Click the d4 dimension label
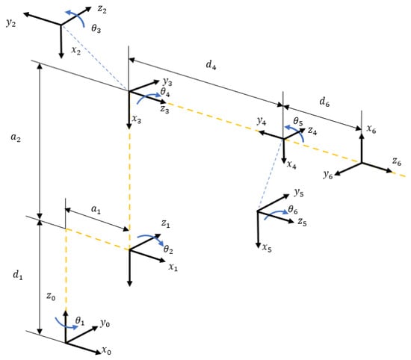point(211,64)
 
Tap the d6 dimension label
point(324,102)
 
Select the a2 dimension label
point(16,137)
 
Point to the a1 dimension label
point(96,209)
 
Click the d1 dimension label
point(18,275)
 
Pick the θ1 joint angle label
point(80,320)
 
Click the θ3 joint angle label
point(96,28)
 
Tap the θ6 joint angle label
point(293,210)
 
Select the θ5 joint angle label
point(297,121)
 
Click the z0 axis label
point(51,296)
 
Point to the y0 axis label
point(105,324)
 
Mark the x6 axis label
point(371,129)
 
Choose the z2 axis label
point(102,10)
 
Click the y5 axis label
point(299,193)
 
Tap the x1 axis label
point(173,267)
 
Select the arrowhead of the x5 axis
point(259,245)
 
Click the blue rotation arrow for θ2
point(151,238)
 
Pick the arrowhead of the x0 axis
point(97,352)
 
